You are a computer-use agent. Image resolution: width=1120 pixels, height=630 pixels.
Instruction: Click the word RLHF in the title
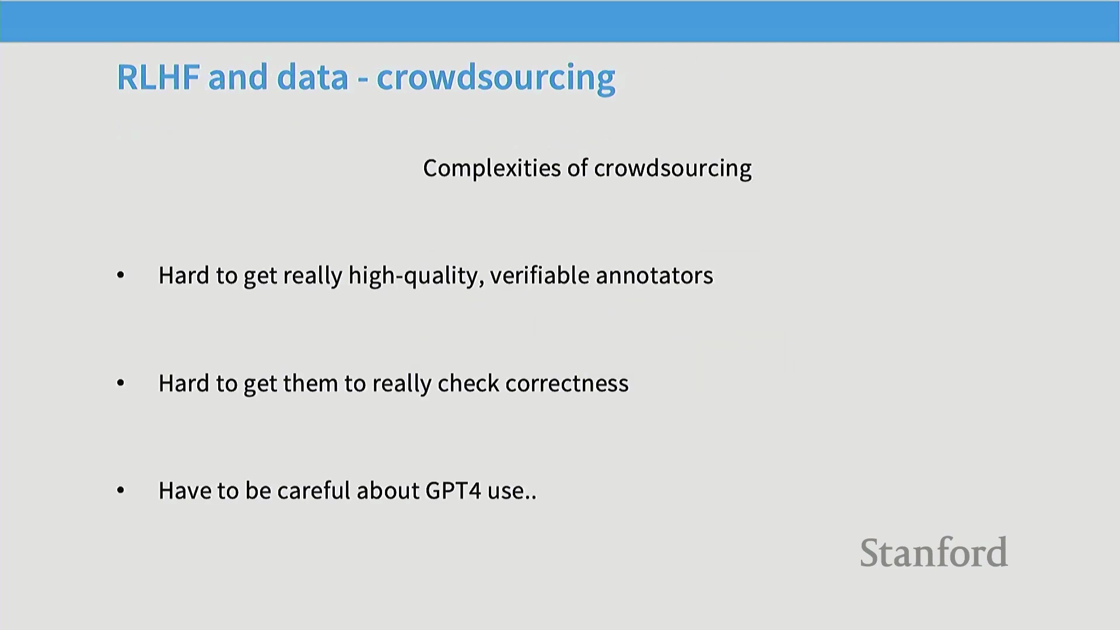159,77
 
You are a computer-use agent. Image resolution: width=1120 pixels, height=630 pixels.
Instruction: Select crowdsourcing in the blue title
496,78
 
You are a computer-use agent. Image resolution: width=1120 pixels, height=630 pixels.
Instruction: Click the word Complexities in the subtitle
492,169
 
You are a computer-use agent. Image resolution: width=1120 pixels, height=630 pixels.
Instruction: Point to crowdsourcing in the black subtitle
673,169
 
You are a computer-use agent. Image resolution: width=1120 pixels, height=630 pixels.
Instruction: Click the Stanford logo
934,552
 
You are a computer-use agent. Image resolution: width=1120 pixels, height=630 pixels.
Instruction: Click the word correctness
567,384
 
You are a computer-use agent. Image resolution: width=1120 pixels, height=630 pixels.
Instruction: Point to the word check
468,383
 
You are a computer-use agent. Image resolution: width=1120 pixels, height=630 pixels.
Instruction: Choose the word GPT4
453,491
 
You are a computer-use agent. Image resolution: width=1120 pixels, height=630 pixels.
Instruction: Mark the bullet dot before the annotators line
121,275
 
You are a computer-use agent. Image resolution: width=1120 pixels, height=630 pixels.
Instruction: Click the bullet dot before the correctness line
121,383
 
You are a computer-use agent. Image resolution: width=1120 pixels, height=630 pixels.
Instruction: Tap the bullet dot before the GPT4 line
121,490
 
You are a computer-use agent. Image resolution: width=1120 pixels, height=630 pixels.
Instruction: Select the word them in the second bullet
310,383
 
